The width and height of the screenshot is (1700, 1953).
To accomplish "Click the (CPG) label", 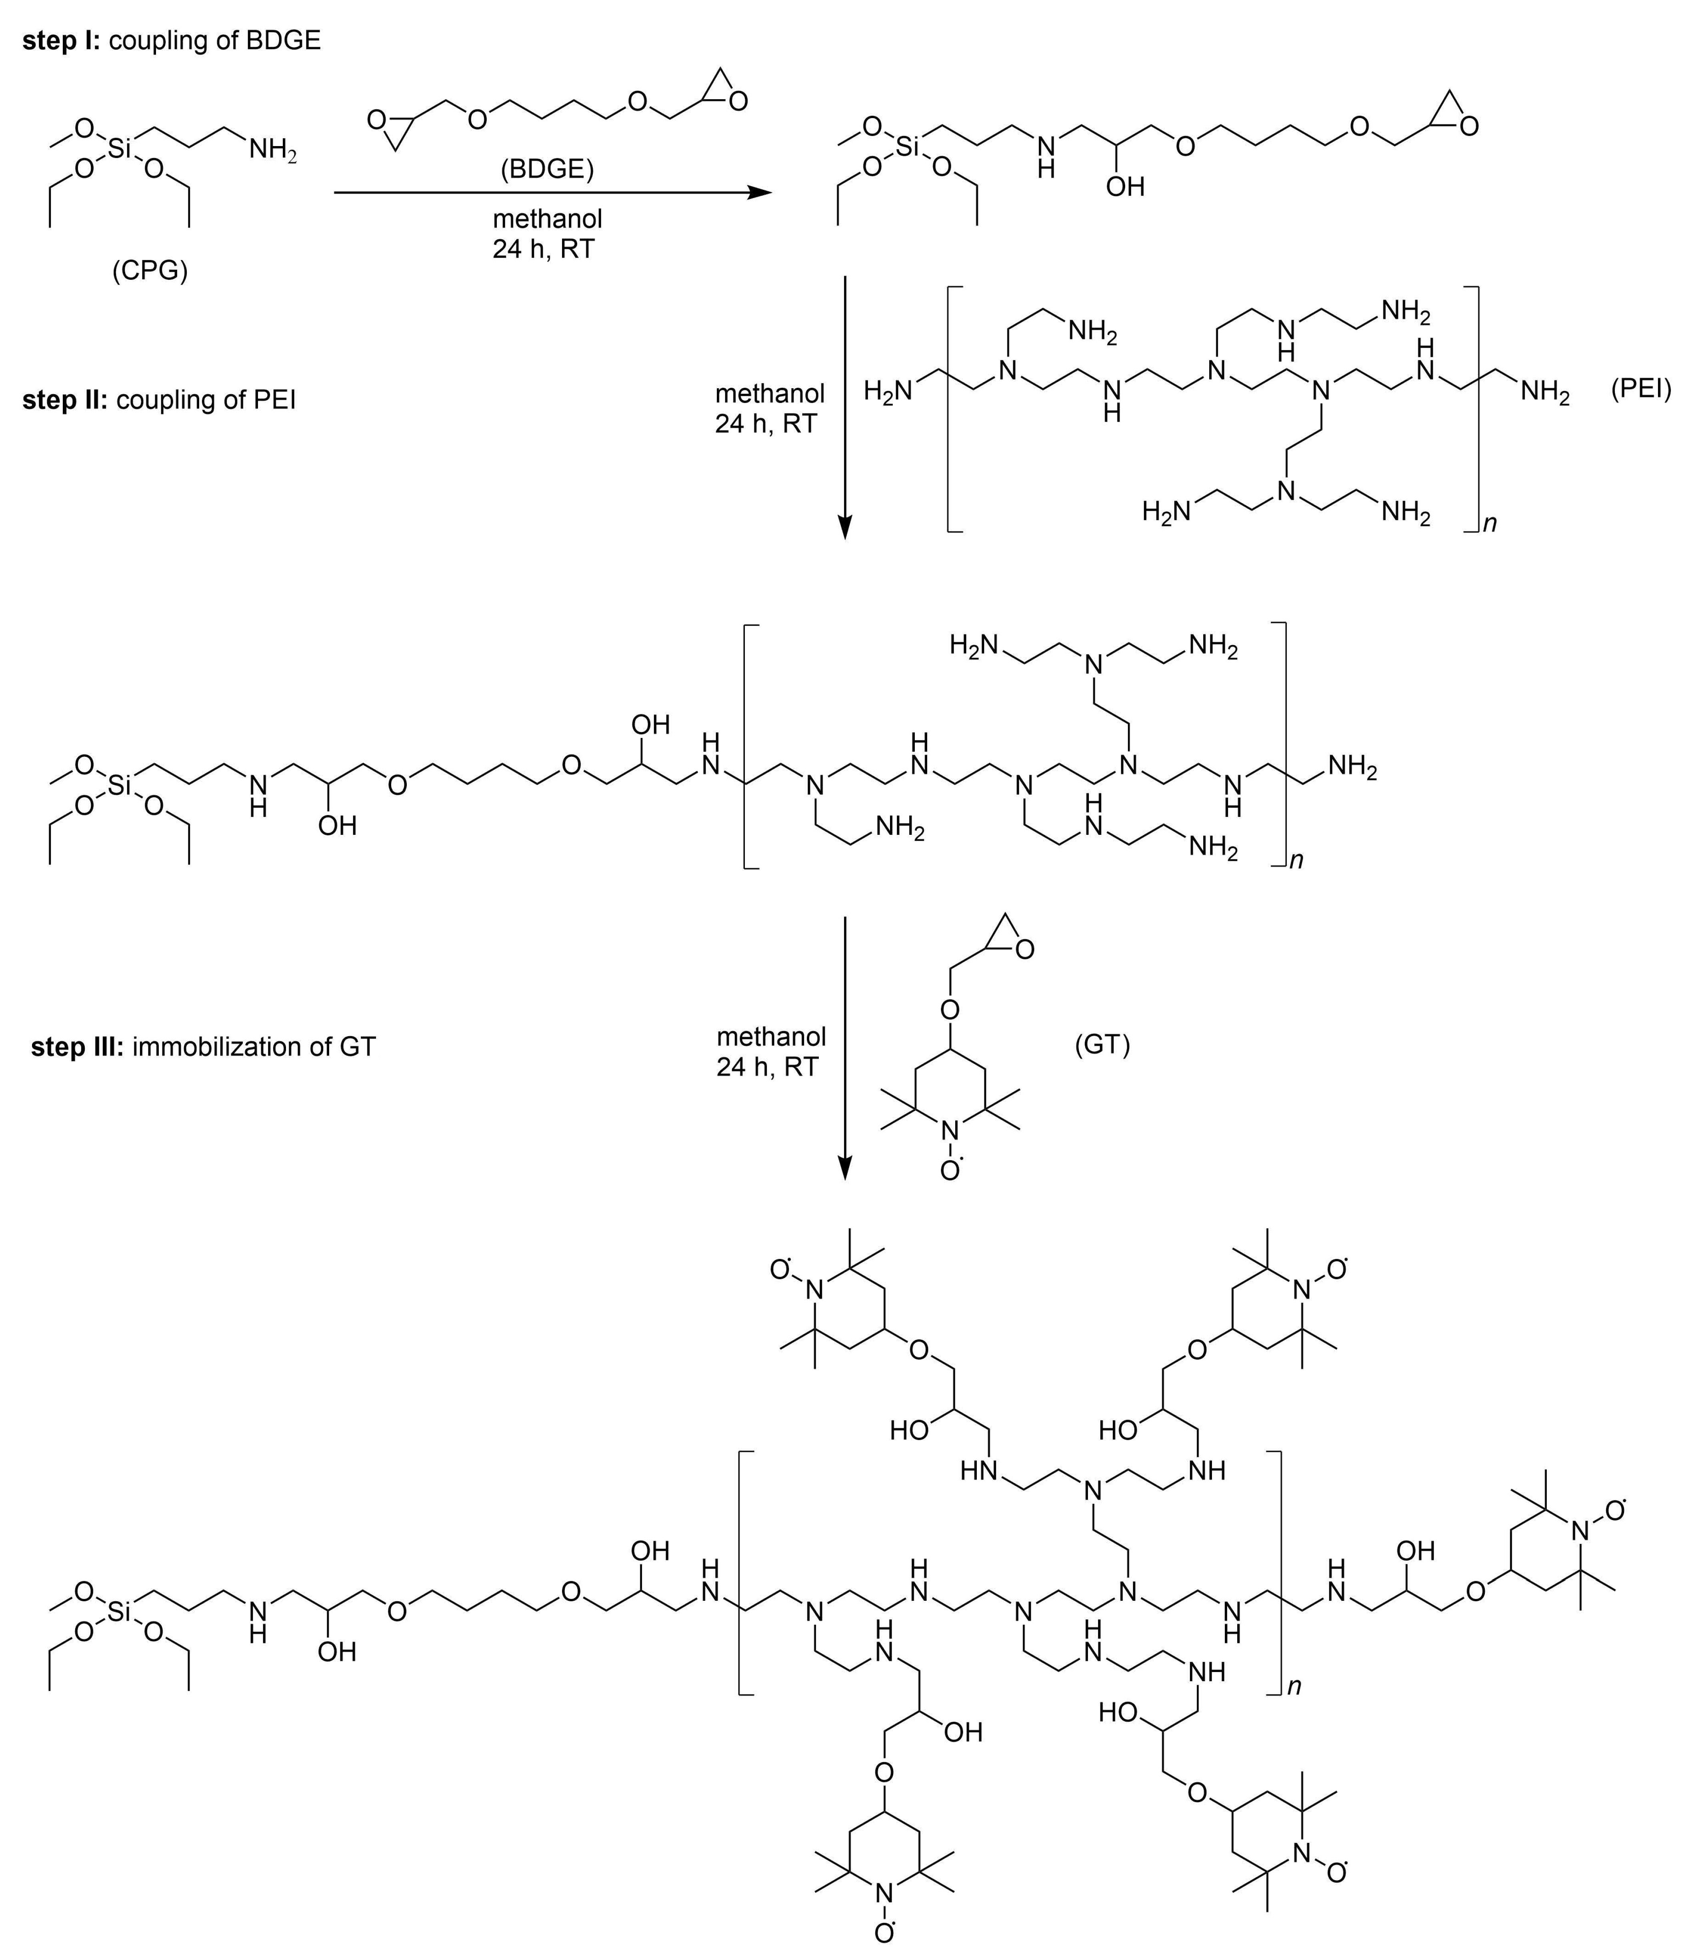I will click(150, 271).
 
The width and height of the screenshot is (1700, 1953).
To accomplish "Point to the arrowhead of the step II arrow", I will click(844, 527).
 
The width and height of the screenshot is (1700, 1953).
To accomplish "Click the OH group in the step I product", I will click(1125, 187).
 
